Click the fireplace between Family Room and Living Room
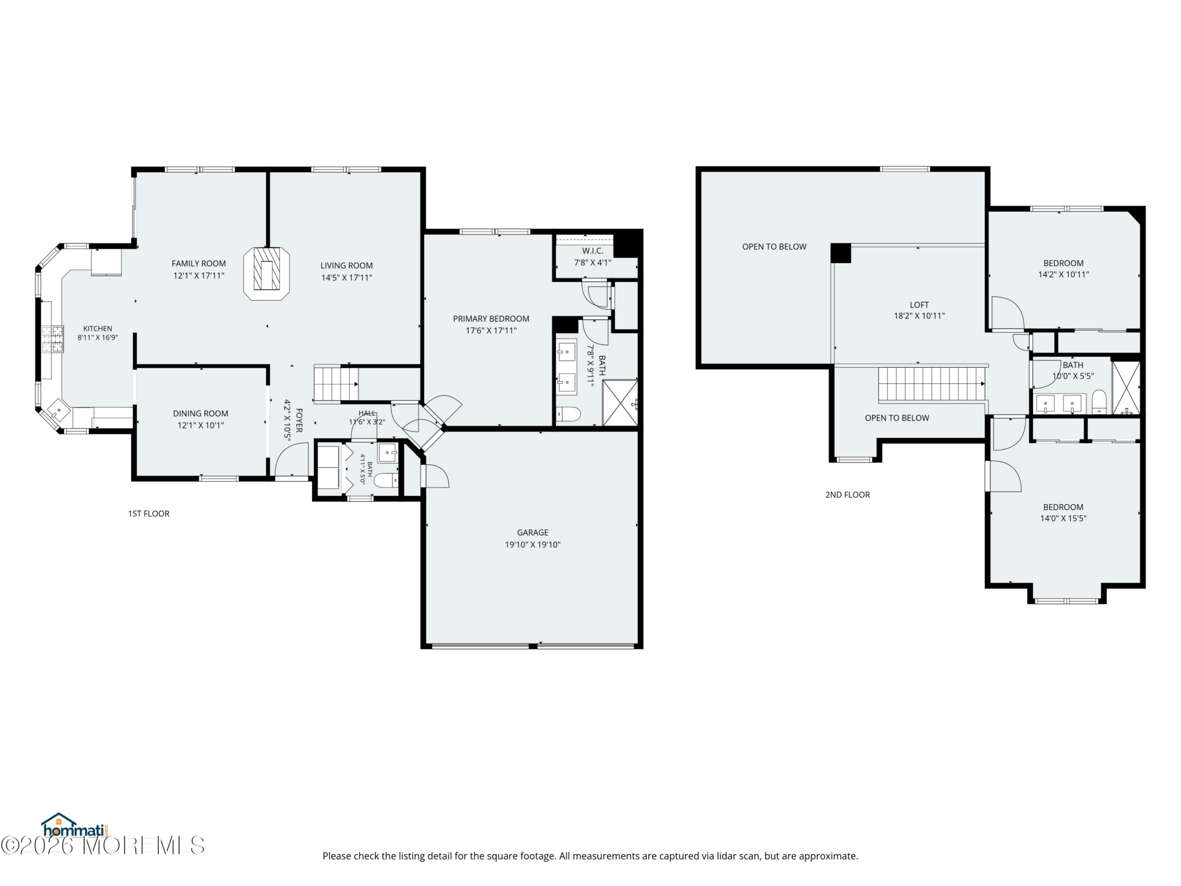point(267,274)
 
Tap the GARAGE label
point(532,533)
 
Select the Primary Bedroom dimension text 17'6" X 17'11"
point(491,330)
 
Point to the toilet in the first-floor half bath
point(386,480)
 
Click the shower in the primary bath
point(620,403)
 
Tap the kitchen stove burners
point(52,339)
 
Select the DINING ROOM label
point(201,413)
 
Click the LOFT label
point(919,305)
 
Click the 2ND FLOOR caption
point(847,495)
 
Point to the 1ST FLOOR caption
point(149,514)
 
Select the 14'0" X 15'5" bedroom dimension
point(1063,518)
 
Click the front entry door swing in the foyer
point(292,459)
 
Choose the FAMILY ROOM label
point(199,263)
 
